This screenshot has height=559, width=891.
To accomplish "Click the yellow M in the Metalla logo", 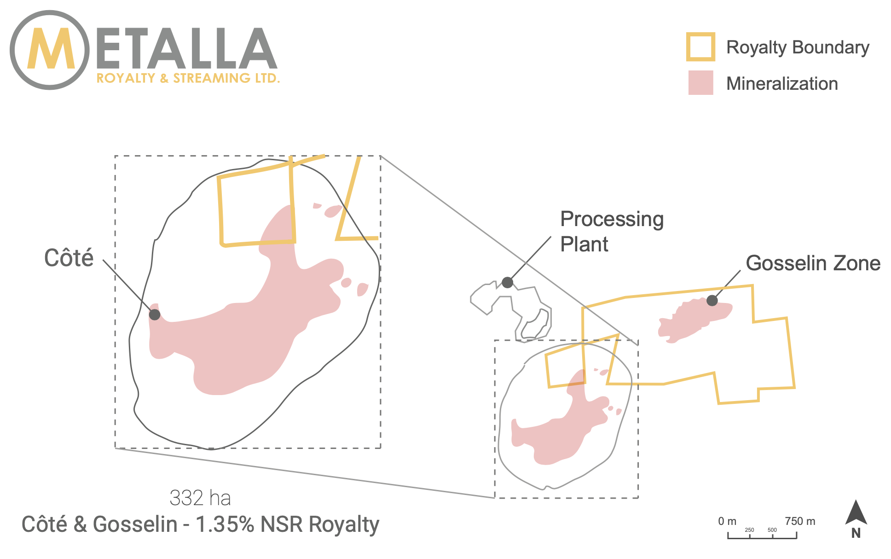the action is pyautogui.click(x=51, y=49).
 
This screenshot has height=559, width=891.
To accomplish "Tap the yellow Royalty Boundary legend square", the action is pyautogui.click(x=700, y=47).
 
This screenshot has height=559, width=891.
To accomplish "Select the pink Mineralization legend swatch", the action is pyautogui.click(x=700, y=82).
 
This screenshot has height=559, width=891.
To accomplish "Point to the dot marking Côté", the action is pyautogui.click(x=155, y=314).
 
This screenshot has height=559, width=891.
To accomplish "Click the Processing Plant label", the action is pyautogui.click(x=612, y=232).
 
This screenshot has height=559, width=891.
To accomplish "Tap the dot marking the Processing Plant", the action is pyautogui.click(x=507, y=282).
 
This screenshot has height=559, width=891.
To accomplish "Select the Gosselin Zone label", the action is pyautogui.click(x=813, y=263).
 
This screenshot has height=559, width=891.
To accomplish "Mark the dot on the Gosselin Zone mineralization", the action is pyautogui.click(x=712, y=300).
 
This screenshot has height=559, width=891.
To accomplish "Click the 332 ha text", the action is pyautogui.click(x=200, y=498).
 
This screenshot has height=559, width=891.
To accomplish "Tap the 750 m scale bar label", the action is pyautogui.click(x=800, y=521).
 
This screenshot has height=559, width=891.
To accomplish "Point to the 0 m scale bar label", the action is pyautogui.click(x=727, y=521).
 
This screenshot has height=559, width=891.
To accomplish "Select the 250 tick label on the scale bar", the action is pyautogui.click(x=750, y=530).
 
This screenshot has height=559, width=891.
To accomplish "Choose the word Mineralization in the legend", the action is pyautogui.click(x=782, y=83).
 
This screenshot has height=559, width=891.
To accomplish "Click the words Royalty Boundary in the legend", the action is pyautogui.click(x=798, y=47).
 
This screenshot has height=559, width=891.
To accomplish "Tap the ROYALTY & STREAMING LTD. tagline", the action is pyautogui.click(x=188, y=78).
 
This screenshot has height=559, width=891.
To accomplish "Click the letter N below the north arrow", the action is pyautogui.click(x=856, y=533).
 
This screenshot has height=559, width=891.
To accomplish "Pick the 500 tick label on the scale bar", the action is pyautogui.click(x=772, y=530).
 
